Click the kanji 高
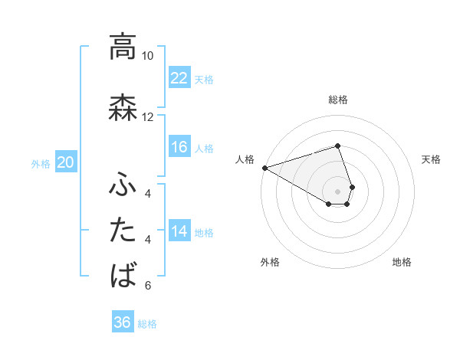coord(122,47)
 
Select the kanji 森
coord(122,107)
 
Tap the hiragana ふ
coord(122,184)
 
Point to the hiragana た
coord(122,230)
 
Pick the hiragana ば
coord(122,275)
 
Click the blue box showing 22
coord(179,78)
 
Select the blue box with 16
coord(179,147)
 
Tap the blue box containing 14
coord(179,231)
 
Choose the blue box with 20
coord(66,162)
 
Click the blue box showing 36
coord(123,322)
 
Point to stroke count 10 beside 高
coord(147,56)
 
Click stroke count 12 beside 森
coord(147,117)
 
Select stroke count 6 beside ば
coord(147,286)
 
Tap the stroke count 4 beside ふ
coord(147,193)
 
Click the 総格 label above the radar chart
coord(337,100)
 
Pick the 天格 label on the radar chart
coord(432,159)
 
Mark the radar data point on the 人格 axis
coord(264,167)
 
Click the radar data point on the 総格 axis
coord(337,146)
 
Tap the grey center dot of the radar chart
coord(337,190)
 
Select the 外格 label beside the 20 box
coord(41,163)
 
